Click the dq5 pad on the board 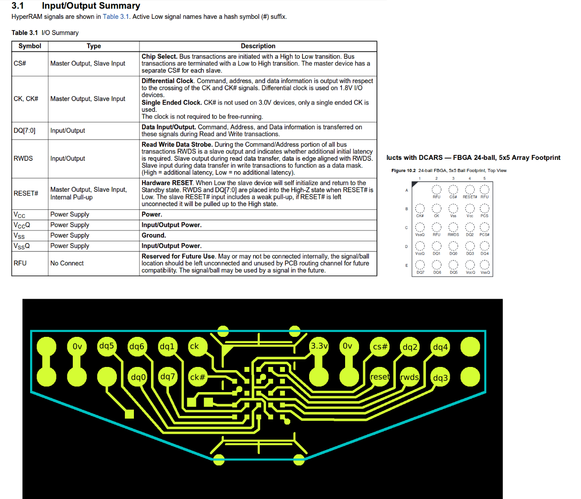[107, 346]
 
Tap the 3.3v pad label [319, 346]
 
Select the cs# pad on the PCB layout [380, 347]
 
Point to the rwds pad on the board [409, 377]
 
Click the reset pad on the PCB [380, 377]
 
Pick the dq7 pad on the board [168, 377]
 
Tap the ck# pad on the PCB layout [197, 377]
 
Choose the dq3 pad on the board [440, 378]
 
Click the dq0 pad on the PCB [138, 377]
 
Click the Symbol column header [30, 46]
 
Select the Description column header [258, 46]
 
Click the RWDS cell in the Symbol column [23, 159]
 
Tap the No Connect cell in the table [67, 263]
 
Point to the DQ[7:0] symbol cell [24, 131]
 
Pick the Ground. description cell [154, 235]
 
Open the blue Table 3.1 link [116, 17]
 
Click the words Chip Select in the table [159, 57]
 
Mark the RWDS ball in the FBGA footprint [453, 227]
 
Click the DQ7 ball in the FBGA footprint [420, 265]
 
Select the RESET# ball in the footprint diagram [470, 190]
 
